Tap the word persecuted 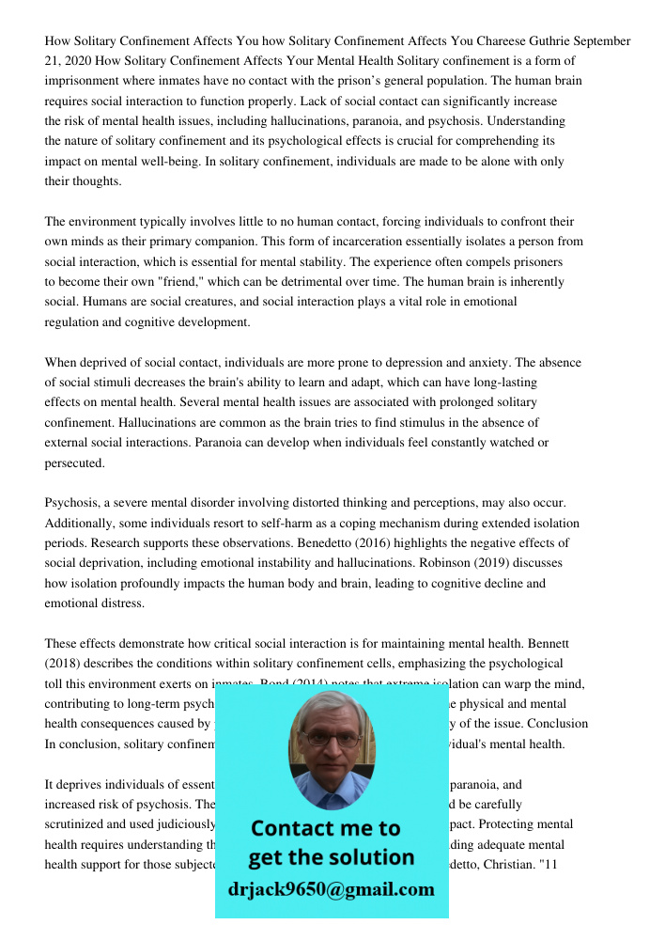coord(75,463)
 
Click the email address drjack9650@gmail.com coord(331,889)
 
